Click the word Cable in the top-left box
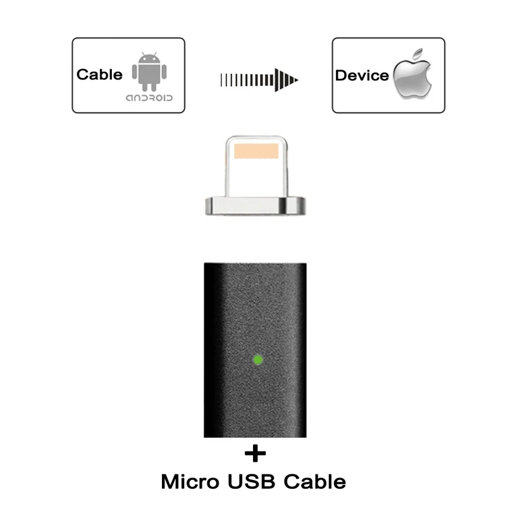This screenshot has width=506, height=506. click(99, 75)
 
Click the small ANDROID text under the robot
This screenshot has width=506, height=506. click(149, 99)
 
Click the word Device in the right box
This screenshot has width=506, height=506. click(362, 76)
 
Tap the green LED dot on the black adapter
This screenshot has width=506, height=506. click(257, 361)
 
